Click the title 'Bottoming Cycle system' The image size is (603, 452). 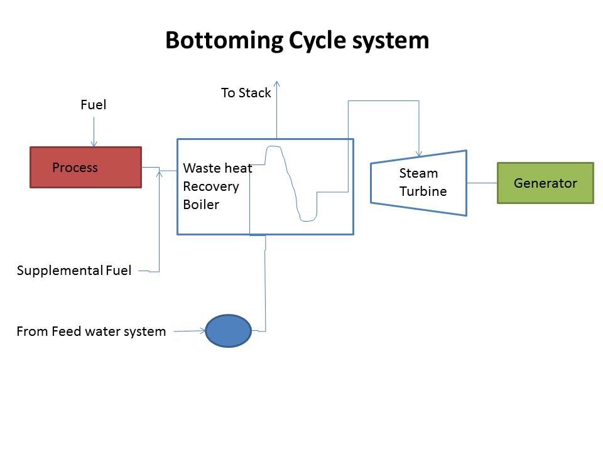pos(297,41)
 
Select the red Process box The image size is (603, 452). pos(86,168)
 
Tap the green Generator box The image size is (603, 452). pos(545,183)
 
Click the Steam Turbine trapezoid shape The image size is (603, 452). pos(419,183)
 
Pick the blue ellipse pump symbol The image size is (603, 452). pos(229,331)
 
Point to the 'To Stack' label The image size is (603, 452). pos(246,93)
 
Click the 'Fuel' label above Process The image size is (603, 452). pos(94,105)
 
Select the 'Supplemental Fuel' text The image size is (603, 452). pos(74,271)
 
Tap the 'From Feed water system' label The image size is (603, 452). pos(91,331)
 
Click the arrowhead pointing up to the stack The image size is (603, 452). pos(276,83)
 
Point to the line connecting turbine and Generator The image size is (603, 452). pos(482,183)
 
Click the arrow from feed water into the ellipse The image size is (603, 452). pos(190,330)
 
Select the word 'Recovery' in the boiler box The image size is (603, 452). pos(211,186)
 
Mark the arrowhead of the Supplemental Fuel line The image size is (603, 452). pos(160,173)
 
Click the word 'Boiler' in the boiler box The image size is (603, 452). pos(201,205)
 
